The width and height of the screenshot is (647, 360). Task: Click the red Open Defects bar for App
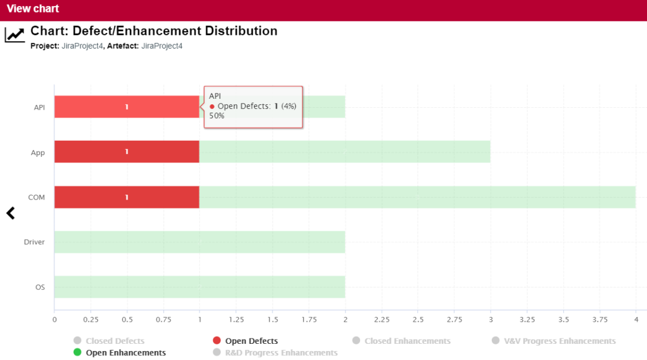(x=126, y=152)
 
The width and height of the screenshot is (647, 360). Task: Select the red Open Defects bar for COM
(x=126, y=197)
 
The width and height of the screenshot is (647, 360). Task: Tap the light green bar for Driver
(x=199, y=242)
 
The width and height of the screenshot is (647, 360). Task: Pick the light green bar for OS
(x=199, y=287)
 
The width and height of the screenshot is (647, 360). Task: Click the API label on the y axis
(x=40, y=107)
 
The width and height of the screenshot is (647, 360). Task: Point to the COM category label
(x=37, y=197)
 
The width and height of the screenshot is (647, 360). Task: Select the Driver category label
(x=34, y=242)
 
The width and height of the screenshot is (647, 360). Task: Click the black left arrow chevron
(x=10, y=213)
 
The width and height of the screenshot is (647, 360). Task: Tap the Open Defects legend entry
(x=251, y=341)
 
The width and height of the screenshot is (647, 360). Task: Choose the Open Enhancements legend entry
(x=126, y=353)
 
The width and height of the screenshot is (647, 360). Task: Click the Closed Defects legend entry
(x=115, y=341)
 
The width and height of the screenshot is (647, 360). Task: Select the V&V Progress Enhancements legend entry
(x=560, y=341)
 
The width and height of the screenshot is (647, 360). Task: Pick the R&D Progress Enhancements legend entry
(x=281, y=353)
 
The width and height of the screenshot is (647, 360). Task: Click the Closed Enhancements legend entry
(x=407, y=341)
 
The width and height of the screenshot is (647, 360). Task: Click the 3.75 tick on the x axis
(x=600, y=319)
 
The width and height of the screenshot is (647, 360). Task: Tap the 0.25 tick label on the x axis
(x=90, y=319)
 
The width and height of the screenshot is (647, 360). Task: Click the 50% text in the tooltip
(x=216, y=116)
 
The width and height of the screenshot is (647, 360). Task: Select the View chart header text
(x=33, y=9)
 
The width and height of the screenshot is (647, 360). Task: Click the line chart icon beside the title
(x=15, y=35)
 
